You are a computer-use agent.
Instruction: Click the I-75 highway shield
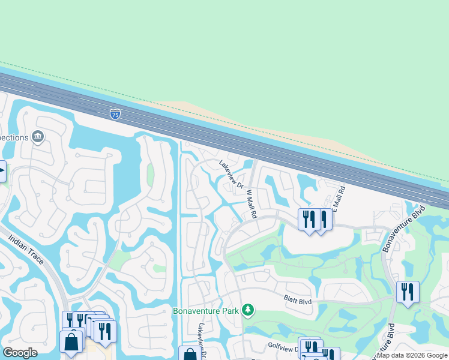click(115, 113)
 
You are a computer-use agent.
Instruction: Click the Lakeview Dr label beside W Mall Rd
click(231, 174)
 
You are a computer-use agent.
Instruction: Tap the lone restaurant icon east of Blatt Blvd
click(408, 292)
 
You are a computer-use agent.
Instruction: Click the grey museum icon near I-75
click(39, 137)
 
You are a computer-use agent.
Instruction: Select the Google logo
click(20, 353)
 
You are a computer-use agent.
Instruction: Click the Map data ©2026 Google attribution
click(412, 355)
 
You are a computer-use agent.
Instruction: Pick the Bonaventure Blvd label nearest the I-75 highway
click(411, 221)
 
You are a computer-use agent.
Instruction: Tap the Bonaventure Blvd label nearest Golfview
click(383, 342)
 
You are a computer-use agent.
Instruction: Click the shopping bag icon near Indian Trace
click(71, 342)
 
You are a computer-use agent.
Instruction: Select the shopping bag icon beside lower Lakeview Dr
click(189, 354)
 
